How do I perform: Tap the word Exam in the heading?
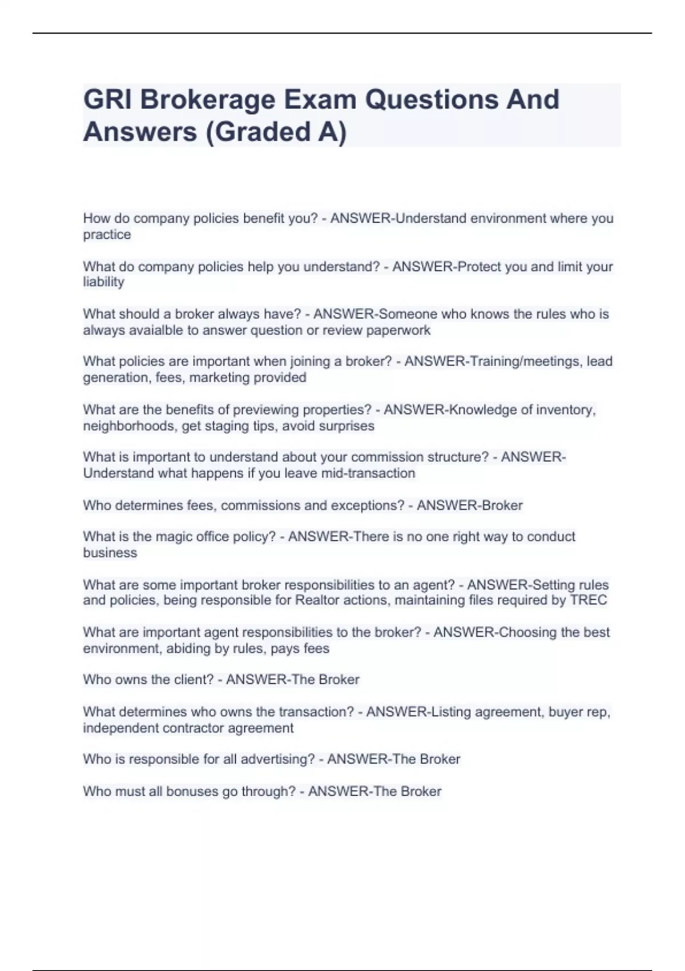pyautogui.click(x=320, y=99)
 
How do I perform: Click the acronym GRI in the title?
pyautogui.click(x=107, y=99)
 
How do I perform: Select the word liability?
pyautogui.click(x=103, y=282)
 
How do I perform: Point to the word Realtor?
pyautogui.click(x=317, y=600)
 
